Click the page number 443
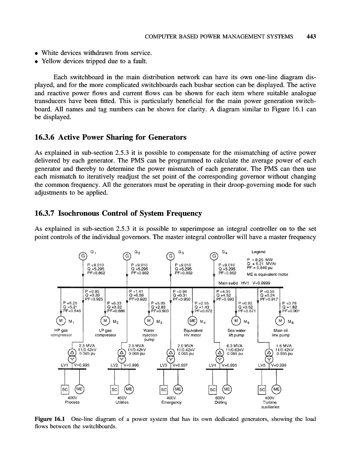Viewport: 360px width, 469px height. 312,36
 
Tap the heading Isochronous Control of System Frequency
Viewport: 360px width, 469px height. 118,213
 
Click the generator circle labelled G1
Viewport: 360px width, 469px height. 83,256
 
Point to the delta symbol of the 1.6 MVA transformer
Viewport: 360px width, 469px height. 269,352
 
